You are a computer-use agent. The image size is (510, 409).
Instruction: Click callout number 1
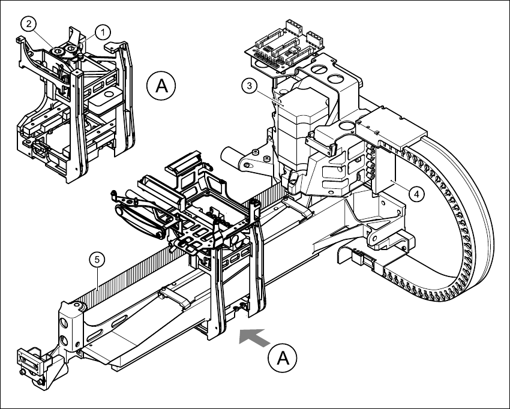(103, 30)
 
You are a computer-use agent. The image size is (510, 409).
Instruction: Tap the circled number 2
(28, 24)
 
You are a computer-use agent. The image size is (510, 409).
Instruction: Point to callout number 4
(415, 193)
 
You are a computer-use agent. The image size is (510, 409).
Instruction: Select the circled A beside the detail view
(161, 86)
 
